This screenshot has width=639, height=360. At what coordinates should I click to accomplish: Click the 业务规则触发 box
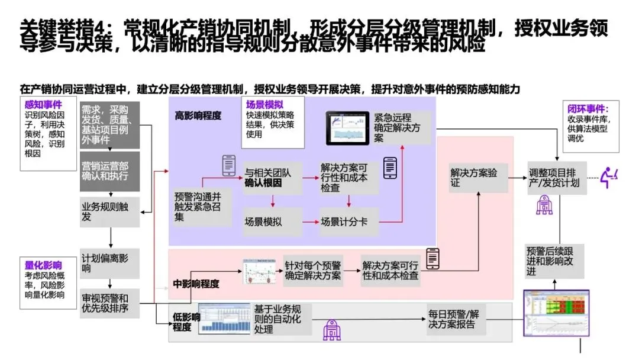(x=109, y=211)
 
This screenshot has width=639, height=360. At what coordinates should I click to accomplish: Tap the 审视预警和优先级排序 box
(x=109, y=301)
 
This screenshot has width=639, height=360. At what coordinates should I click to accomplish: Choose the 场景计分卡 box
(x=348, y=222)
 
